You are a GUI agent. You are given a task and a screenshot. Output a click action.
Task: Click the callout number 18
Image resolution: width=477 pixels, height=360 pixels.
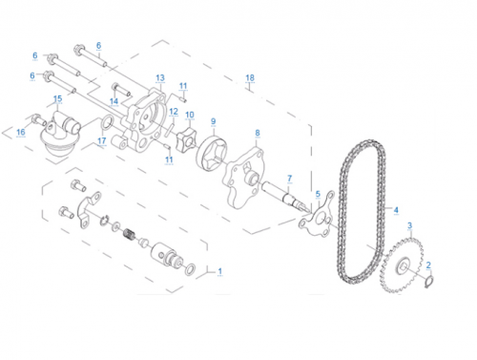coord(250,77)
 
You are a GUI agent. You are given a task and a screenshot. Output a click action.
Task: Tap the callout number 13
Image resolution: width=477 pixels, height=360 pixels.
coord(160,78)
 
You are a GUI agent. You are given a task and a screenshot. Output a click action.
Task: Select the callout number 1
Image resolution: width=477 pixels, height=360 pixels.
coord(219,271)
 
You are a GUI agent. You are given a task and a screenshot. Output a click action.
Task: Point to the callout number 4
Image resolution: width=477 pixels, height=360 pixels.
coord(396,210)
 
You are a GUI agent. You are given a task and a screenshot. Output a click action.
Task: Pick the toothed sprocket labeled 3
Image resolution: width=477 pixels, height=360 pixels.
coord(402,265)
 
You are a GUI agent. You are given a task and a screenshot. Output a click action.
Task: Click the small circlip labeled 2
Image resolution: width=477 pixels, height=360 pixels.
coord(429,282)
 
